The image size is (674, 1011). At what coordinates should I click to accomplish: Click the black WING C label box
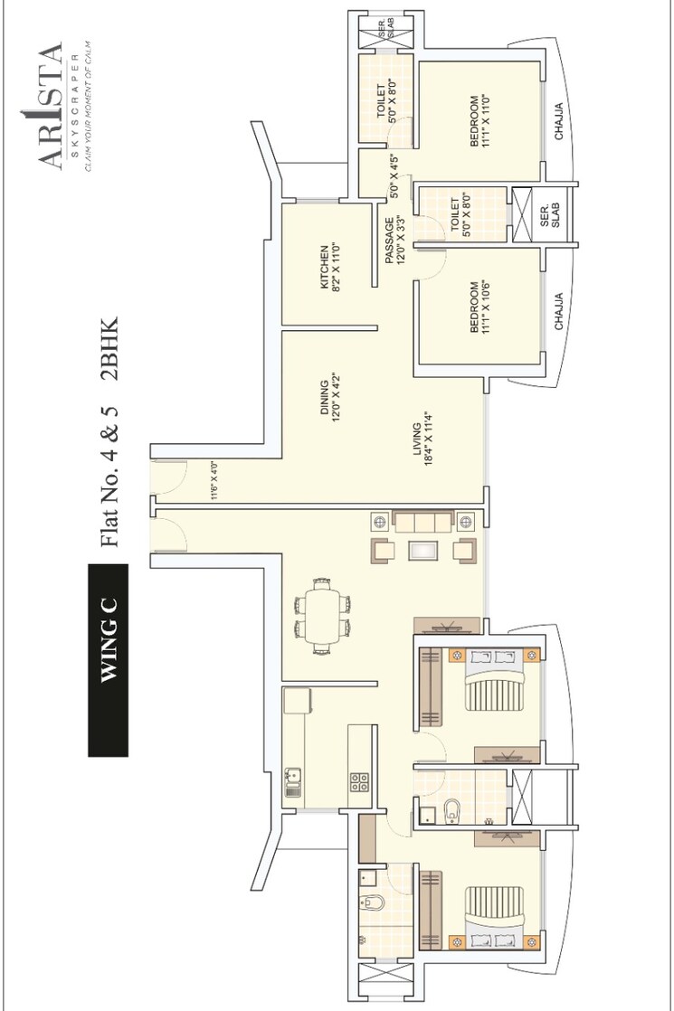coord(108,659)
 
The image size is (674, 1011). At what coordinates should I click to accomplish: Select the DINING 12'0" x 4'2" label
coord(329,399)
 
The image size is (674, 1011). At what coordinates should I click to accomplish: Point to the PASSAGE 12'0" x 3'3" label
coord(395,241)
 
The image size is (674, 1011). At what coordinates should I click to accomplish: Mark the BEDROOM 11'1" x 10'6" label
coord(479,307)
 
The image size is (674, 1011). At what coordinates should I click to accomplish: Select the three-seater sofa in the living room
coord(424,521)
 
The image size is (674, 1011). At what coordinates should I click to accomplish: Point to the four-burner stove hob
coord(358,781)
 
